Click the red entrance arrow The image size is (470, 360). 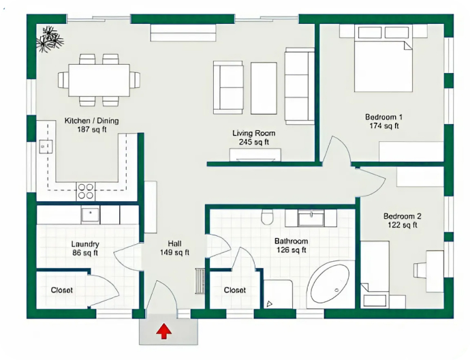coord(163,331)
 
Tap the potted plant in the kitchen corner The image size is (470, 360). coord(50,40)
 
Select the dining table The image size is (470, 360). coord(99,80)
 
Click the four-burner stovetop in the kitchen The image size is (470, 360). coord(85,192)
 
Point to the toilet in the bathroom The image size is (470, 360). coord(267,217)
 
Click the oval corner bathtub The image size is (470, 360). coord(330,284)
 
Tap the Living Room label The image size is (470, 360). coord(254,133)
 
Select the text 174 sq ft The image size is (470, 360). coord(384,126)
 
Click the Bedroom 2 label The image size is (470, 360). coord(403,216)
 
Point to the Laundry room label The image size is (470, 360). coord(85,244)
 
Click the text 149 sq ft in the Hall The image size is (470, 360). coord(174,252)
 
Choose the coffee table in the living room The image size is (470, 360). coord(264,88)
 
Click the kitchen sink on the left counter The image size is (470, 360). coord(46,147)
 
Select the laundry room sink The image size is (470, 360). coord(90,215)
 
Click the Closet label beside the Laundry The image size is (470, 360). coord(61,290)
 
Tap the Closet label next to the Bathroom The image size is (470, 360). coord(235,290)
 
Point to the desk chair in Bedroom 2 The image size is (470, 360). coord(420,270)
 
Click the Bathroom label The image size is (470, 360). coord(291,241)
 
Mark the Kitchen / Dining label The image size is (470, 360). coord(92,121)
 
